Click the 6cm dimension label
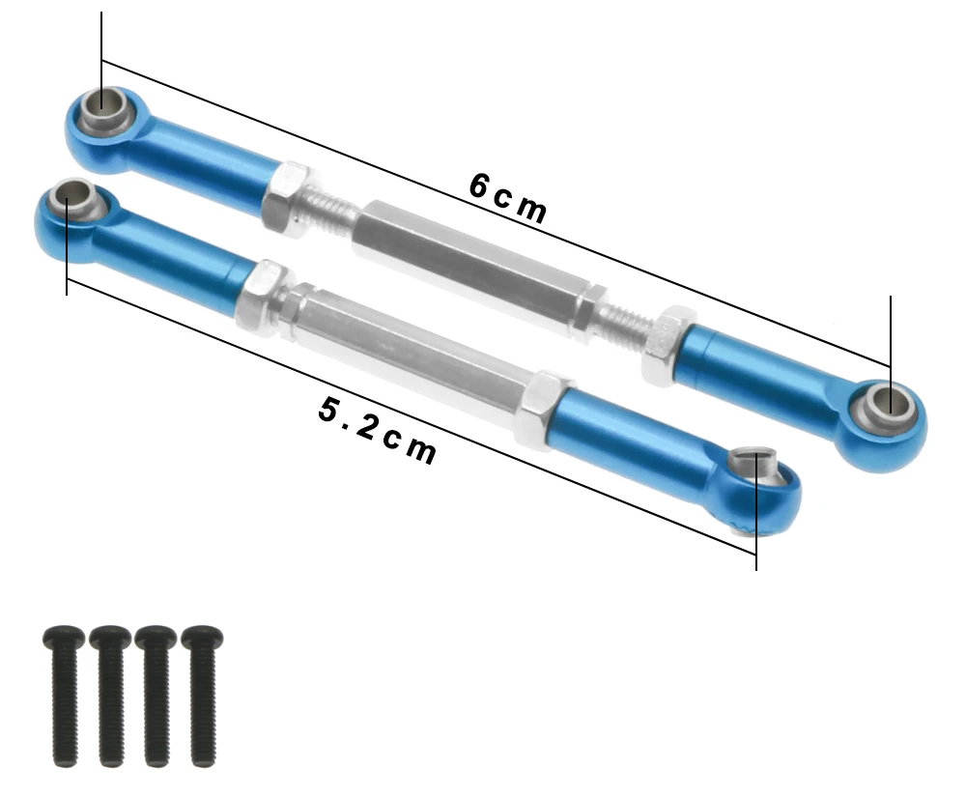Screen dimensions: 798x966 [x=508, y=197]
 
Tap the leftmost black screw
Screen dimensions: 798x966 [x=60, y=693]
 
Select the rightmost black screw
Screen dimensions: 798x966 [x=202, y=693]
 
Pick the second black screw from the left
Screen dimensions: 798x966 [x=109, y=693]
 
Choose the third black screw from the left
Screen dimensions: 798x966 [x=155, y=693]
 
